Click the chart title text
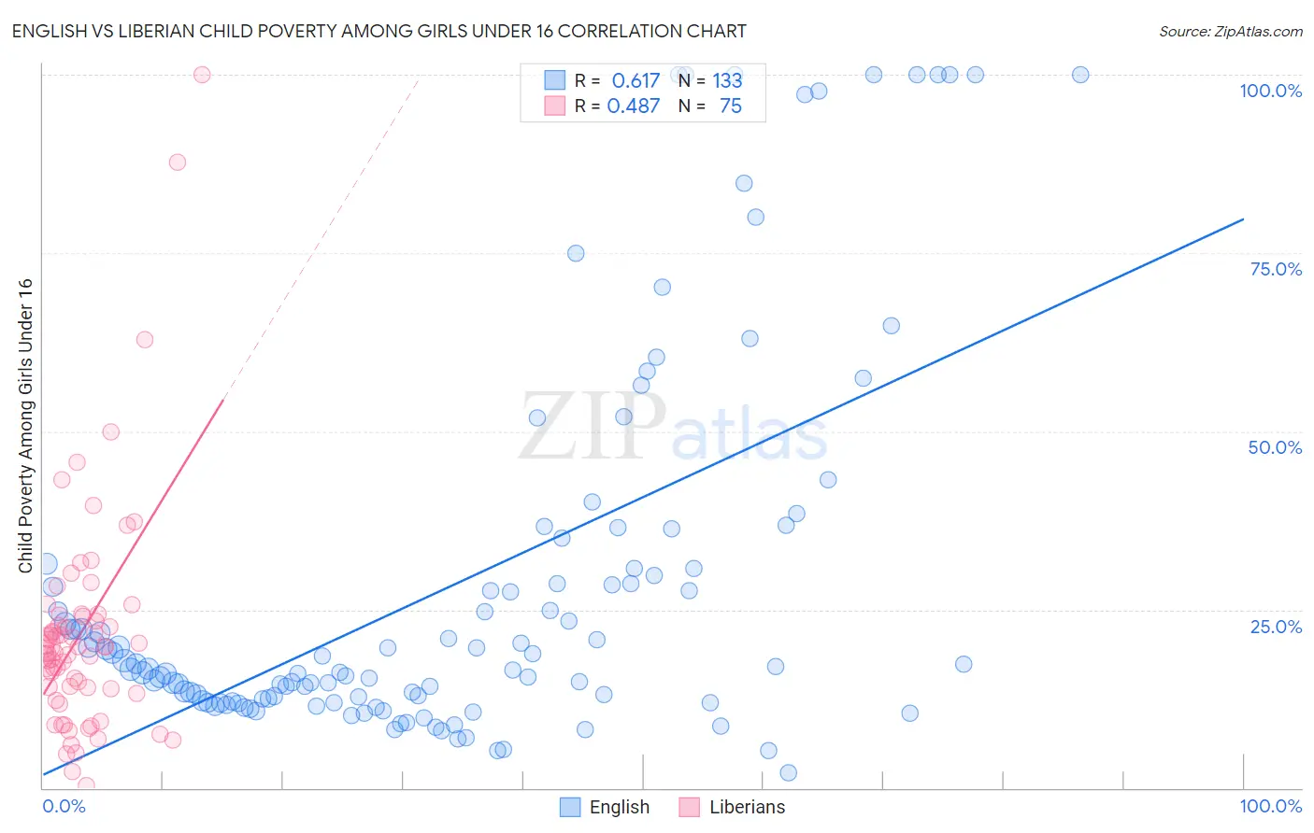[378, 31]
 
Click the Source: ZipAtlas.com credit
[1230, 31]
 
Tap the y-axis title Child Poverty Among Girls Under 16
[25, 426]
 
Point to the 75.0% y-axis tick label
[1276, 269]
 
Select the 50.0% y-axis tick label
[1275, 447]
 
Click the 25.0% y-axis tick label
[1276, 627]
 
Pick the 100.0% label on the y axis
[1270, 91]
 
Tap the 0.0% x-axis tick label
[64, 806]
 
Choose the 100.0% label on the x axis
[1270, 806]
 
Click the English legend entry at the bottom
[604, 807]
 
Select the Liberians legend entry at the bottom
[732, 807]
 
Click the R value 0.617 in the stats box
[636, 81]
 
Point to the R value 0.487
[634, 106]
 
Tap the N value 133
[727, 81]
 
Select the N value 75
[730, 106]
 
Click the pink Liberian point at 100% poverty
[202, 75]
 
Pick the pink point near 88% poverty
[178, 162]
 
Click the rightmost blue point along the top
[1080, 75]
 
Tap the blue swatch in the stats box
[554, 80]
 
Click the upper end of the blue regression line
[1243, 219]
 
